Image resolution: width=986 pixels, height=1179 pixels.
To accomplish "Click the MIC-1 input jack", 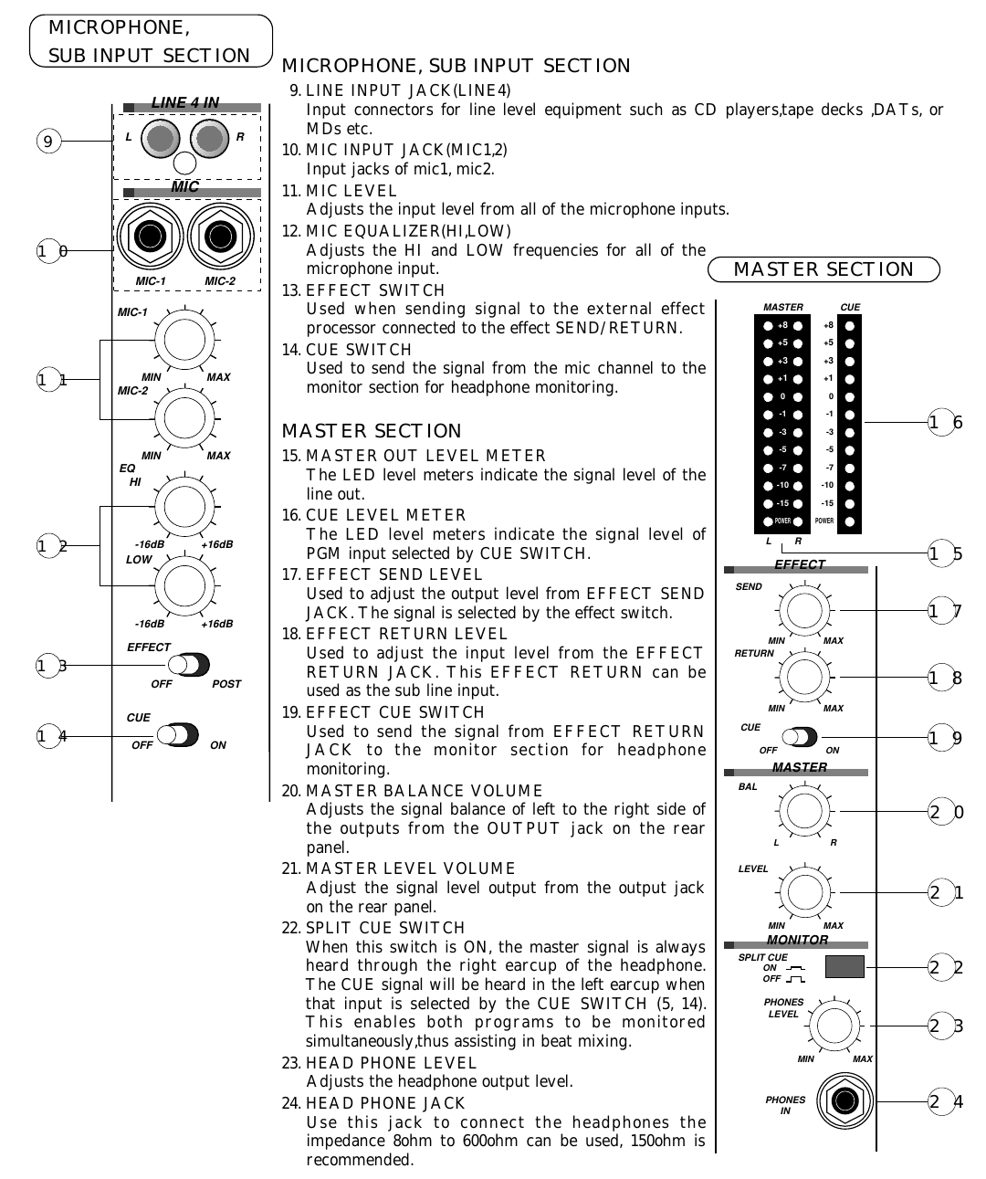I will tap(150, 237).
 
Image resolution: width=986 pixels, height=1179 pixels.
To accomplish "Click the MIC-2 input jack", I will tap(220, 237).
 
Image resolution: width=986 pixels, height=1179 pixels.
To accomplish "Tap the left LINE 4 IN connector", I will tap(162, 139).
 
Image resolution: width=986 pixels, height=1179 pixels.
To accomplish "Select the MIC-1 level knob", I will tap(184, 340).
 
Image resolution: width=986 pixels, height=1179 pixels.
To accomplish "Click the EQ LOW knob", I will tap(184, 586).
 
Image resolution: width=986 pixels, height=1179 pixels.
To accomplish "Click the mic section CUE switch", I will tap(177, 734).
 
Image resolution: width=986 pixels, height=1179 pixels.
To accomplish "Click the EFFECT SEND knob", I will tap(804, 609).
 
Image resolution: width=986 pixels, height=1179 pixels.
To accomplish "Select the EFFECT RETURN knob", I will tap(804, 677).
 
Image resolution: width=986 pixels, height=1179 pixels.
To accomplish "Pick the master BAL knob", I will tap(804, 810).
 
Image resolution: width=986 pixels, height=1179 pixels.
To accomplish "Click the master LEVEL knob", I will tap(804, 891).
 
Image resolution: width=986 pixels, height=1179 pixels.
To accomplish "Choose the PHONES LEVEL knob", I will tap(834, 1025).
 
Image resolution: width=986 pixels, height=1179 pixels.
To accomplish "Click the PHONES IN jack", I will tap(844, 1100).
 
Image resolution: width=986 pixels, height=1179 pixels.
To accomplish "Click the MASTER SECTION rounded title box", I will tap(823, 269).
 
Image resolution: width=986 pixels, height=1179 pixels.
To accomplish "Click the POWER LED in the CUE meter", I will tap(850, 521).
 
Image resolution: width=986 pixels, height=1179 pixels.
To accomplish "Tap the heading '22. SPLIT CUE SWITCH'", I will tap(373, 928).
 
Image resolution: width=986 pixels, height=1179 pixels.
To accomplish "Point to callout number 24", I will tap(946, 1101).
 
